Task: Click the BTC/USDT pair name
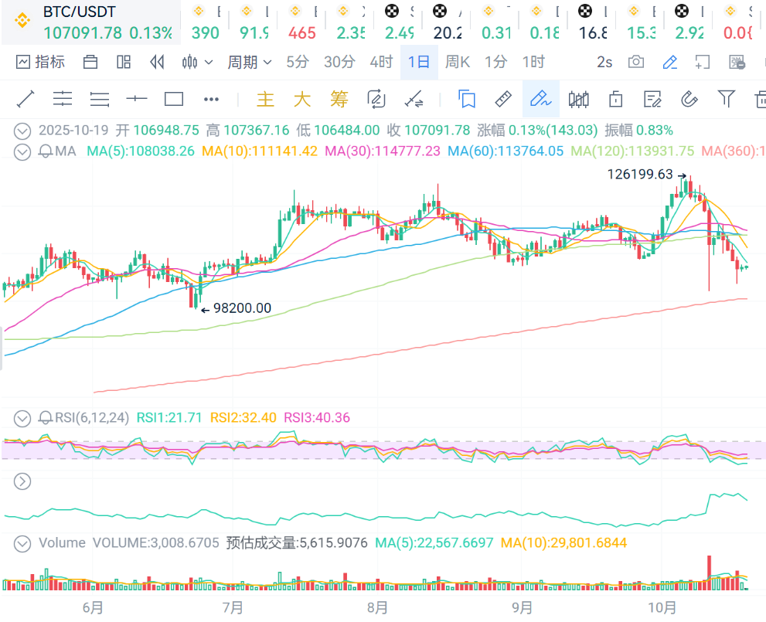[x=79, y=13]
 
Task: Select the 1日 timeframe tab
[x=419, y=63]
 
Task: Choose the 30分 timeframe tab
[x=339, y=63]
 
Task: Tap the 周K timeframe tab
[x=458, y=63]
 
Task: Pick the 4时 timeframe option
[x=380, y=63]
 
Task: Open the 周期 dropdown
[x=249, y=63]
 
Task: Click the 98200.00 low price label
[x=242, y=308]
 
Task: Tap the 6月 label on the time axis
[x=93, y=607]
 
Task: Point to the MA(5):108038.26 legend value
[x=140, y=151]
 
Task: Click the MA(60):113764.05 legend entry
[x=506, y=151]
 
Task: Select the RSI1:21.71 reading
[x=169, y=418]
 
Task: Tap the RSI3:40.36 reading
[x=316, y=418]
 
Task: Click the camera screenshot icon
[x=636, y=63]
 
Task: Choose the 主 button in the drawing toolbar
[x=265, y=99]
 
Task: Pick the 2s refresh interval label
[x=604, y=63]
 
